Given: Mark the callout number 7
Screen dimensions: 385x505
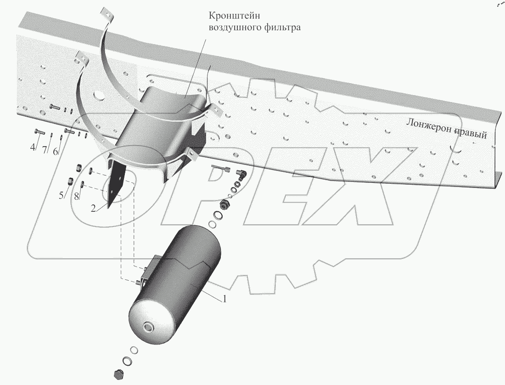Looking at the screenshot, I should click(x=45, y=150).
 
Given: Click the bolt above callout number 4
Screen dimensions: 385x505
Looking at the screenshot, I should click(x=39, y=132).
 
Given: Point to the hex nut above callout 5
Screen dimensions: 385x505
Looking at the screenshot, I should click(x=71, y=180).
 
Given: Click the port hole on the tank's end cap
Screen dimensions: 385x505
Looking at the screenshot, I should click(x=148, y=328).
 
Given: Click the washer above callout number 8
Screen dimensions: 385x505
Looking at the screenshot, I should click(x=83, y=185).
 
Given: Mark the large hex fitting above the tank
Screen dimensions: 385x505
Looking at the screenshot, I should click(x=225, y=204).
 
